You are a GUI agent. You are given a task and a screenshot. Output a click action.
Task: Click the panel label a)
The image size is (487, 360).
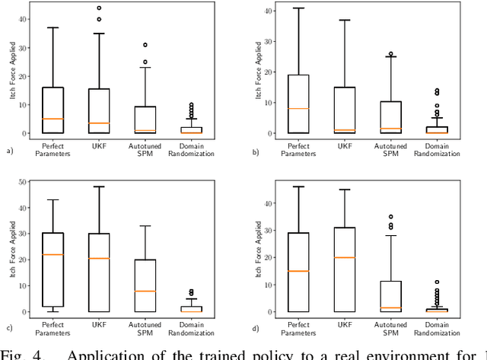coord(10,151)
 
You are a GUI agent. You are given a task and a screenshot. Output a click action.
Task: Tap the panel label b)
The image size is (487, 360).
coord(255,151)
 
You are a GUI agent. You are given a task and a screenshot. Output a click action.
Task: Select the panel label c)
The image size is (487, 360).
coord(10,328)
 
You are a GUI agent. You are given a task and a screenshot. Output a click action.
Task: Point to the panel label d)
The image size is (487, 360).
coord(255,328)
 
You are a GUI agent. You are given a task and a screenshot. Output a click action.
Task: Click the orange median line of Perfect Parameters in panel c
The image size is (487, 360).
coord(53,254)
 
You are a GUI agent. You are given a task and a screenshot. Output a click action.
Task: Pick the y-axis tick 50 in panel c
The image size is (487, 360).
coord(24,181)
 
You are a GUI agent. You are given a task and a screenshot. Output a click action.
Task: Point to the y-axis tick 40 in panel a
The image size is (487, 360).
coord(24,20)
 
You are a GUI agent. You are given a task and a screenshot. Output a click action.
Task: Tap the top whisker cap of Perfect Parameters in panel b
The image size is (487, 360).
coord(298,8)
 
